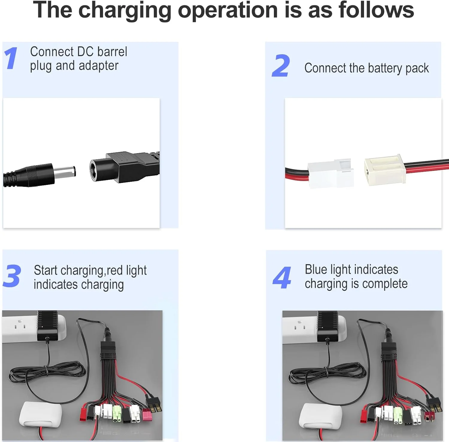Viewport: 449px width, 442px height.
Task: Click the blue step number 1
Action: (x=11, y=58)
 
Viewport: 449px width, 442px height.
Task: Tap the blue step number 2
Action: (x=281, y=66)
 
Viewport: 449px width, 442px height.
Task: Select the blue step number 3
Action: (x=12, y=276)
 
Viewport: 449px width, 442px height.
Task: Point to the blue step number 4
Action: (x=282, y=278)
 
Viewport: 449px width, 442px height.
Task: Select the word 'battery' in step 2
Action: (x=385, y=68)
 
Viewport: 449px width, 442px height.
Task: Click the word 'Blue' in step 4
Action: (x=316, y=269)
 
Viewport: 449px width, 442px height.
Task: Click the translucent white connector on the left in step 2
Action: (x=331, y=174)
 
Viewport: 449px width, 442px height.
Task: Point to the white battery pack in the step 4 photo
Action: (x=320, y=416)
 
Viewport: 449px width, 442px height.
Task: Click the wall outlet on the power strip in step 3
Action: (x=20, y=324)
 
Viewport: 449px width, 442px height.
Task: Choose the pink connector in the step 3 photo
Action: (x=147, y=415)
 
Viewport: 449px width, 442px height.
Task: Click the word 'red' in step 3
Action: (x=115, y=271)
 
